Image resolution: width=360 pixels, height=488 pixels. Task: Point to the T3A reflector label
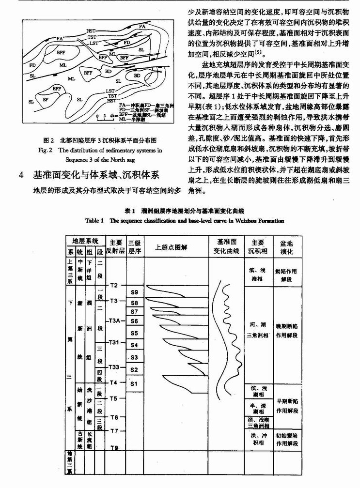pyautogui.click(x=115, y=321)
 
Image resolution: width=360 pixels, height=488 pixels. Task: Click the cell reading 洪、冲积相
pyautogui.click(x=256, y=439)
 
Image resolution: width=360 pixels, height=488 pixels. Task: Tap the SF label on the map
pyautogui.click(x=45, y=99)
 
